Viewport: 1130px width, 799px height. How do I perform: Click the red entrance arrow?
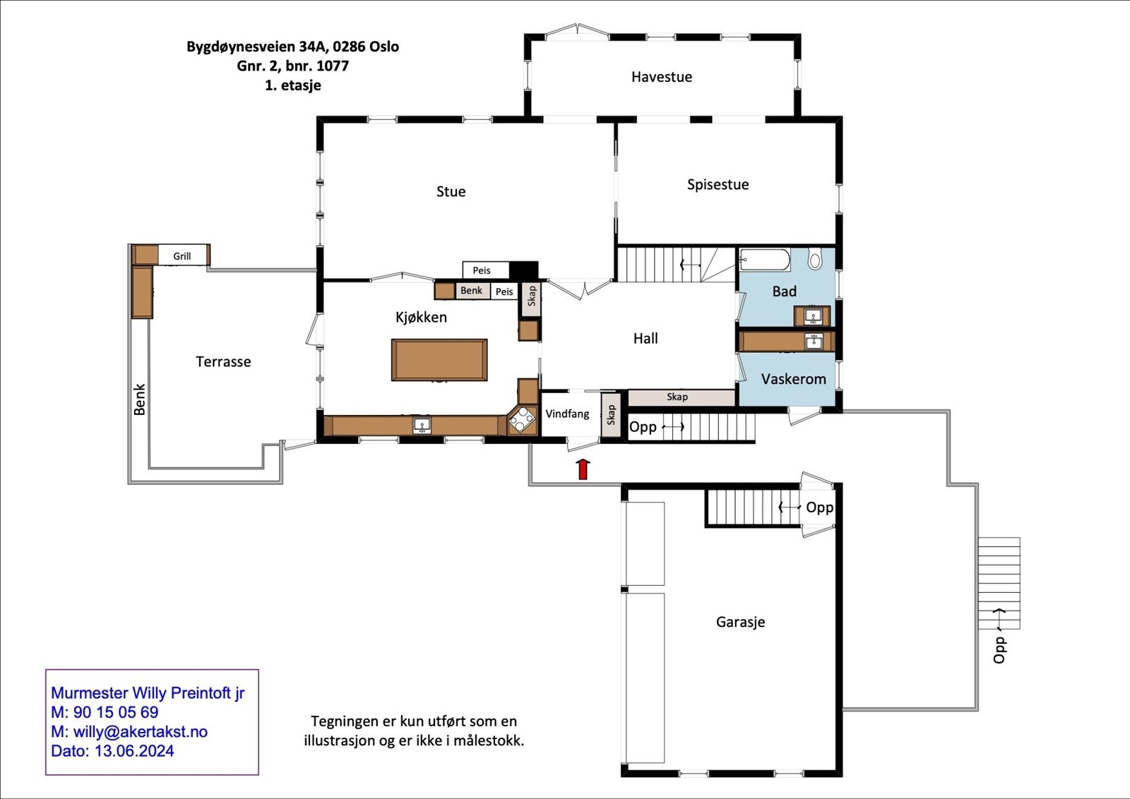tap(583, 469)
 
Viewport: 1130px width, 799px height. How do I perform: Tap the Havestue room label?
tap(661, 77)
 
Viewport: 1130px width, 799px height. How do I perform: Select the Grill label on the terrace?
tap(182, 256)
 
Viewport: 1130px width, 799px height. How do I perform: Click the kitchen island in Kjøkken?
tap(439, 360)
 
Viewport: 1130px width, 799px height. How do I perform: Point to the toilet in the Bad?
tap(814, 258)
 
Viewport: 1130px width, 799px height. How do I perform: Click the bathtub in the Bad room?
tap(765, 260)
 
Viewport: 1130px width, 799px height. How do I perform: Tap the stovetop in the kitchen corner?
tap(522, 420)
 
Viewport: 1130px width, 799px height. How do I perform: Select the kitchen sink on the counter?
tap(422, 425)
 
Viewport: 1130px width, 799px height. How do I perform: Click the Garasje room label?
tap(741, 622)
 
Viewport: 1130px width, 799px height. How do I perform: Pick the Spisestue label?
tap(718, 184)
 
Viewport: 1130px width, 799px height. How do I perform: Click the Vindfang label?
tap(568, 414)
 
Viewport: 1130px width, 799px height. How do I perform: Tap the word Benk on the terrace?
tap(140, 399)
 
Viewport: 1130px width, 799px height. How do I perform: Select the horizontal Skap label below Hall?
tap(677, 397)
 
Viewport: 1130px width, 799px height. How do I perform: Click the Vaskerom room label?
tap(794, 379)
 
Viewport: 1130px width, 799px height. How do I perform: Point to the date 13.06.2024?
tap(134, 751)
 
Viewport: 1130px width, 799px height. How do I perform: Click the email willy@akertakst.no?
tap(141, 731)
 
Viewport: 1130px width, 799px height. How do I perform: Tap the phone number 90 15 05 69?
tap(116, 712)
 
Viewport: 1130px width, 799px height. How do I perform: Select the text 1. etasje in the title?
tap(293, 85)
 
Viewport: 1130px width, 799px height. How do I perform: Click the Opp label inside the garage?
tap(820, 507)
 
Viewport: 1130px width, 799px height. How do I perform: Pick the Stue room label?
tap(451, 191)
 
